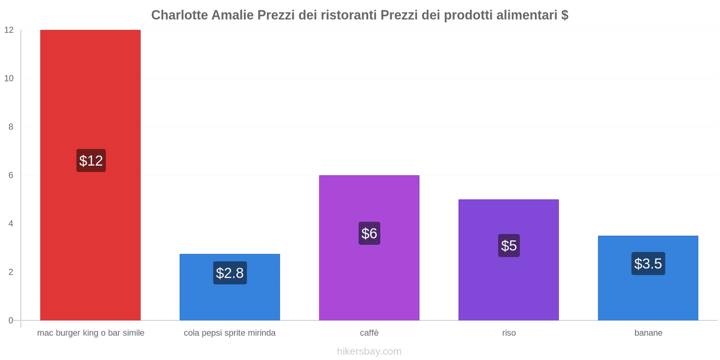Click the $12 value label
pyautogui.click(x=91, y=161)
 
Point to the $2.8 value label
pyautogui.click(x=230, y=273)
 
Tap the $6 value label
pyautogui.click(x=369, y=234)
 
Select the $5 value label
pyautogui.click(x=509, y=246)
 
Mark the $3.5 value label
pyautogui.click(x=648, y=264)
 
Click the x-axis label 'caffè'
pyautogui.click(x=369, y=333)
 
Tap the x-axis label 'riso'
pyautogui.click(x=509, y=333)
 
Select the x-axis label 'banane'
pyautogui.click(x=648, y=333)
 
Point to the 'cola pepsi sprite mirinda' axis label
pyautogui.click(x=229, y=333)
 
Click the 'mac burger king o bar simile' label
pyautogui.click(x=90, y=333)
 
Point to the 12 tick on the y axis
pyautogui.click(x=9, y=30)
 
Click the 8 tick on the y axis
pyautogui.click(x=11, y=127)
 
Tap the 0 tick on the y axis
pyautogui.click(x=11, y=320)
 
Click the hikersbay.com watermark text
pyautogui.click(x=369, y=351)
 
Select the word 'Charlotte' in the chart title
pyautogui.click(x=180, y=15)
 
